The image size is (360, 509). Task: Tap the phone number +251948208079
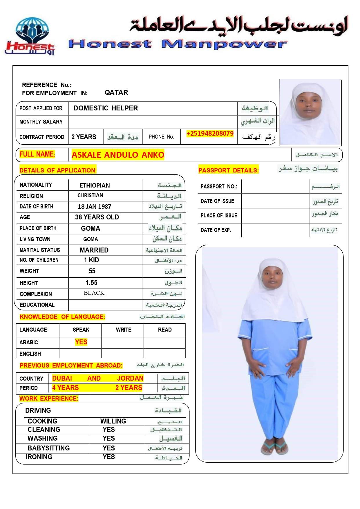pyautogui.click(x=210, y=134)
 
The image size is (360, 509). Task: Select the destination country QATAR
pyautogui.click(x=116, y=92)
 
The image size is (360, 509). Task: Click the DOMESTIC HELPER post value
pyautogui.click(x=106, y=108)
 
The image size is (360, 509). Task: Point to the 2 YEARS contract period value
pyautogui.click(x=84, y=137)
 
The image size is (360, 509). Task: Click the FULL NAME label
pyautogui.click(x=37, y=154)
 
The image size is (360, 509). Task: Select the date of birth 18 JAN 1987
pyautogui.click(x=94, y=207)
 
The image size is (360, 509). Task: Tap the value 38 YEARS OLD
pyautogui.click(x=97, y=217)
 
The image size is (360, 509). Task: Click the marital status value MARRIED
pyautogui.click(x=94, y=250)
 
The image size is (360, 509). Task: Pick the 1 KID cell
pyautogui.click(x=91, y=260)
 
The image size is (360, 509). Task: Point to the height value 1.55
pyautogui.click(x=91, y=283)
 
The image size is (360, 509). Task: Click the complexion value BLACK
pyautogui.click(x=94, y=293)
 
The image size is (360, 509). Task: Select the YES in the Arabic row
pyautogui.click(x=81, y=342)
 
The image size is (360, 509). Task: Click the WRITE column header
pyautogui.click(x=124, y=330)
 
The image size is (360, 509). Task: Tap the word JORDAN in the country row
pyautogui.click(x=130, y=378)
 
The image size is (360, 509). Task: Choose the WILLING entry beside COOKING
pyautogui.click(x=113, y=421)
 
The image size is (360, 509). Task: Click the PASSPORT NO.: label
pyautogui.click(x=219, y=186)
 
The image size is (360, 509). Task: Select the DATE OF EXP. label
pyautogui.click(x=216, y=230)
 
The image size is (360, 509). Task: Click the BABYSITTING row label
pyautogui.click(x=48, y=448)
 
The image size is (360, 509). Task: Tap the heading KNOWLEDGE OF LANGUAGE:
pyautogui.click(x=62, y=317)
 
